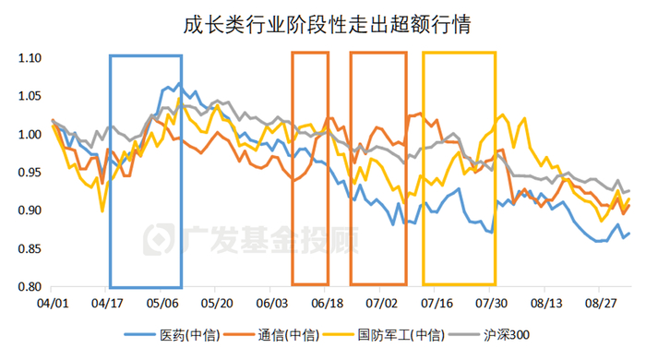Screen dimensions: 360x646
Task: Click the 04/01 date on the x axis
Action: pos(53,302)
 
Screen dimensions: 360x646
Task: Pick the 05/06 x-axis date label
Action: pos(162,302)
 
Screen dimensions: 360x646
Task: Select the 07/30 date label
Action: pos(490,302)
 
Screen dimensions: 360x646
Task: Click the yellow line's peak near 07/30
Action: pos(503,115)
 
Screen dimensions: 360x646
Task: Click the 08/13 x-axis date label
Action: pos(544,302)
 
